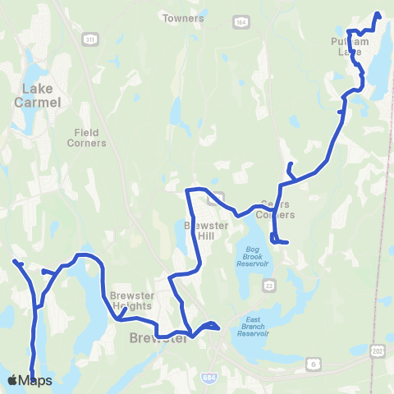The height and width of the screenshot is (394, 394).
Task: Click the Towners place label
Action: [x=182, y=17]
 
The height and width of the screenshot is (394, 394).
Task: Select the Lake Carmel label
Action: [x=34, y=98]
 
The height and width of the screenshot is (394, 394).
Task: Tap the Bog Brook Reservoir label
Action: [x=253, y=255]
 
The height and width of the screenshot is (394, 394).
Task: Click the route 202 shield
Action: [x=377, y=350]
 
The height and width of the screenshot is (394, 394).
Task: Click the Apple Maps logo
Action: [x=30, y=380]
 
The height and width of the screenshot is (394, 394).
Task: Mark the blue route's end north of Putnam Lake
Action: [x=378, y=13]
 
